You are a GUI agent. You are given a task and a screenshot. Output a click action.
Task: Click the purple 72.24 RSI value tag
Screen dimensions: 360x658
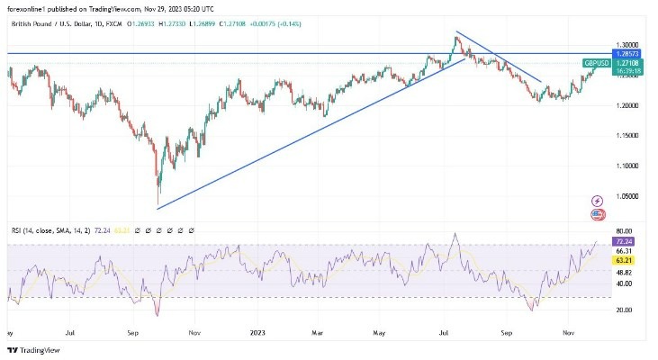tap(622, 243)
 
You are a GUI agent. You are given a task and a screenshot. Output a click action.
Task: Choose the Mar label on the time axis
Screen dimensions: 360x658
tap(317, 331)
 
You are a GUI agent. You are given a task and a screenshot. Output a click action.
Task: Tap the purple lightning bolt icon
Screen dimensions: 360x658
tap(597, 201)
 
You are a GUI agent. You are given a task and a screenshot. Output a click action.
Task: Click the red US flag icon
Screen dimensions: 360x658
tap(597, 214)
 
